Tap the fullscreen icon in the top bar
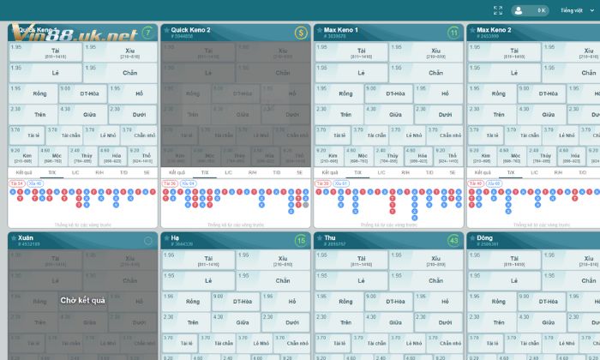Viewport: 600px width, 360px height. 498,10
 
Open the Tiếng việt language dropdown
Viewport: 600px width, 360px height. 577,10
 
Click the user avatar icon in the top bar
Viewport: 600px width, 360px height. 519,10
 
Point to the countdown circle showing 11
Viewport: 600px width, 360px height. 453,33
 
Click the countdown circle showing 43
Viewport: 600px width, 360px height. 453,241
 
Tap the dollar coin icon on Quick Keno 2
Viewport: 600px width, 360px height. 301,33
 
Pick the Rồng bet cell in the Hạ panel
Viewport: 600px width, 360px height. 193,302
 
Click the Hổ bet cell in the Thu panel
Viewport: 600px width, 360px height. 446,302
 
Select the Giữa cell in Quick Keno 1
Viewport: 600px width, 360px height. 89,113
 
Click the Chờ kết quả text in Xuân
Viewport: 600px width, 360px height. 82,300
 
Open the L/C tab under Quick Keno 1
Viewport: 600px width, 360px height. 75,172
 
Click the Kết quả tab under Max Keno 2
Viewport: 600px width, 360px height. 483,172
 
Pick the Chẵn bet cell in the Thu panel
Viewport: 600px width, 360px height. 435,280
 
